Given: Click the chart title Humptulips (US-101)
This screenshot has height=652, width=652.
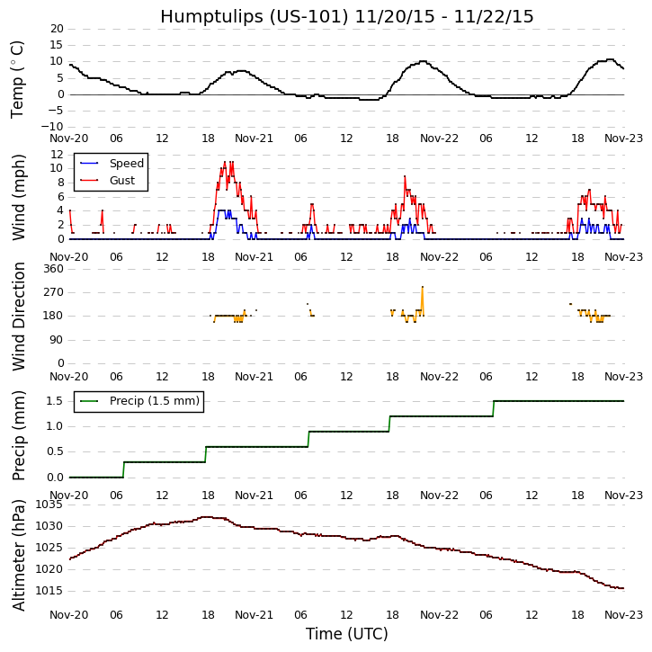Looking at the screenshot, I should (346, 16).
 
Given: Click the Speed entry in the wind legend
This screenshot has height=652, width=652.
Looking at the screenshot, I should (126, 164).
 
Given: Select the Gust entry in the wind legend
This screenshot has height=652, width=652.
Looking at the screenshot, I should (121, 181).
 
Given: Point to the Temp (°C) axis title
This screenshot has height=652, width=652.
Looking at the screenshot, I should (18, 79).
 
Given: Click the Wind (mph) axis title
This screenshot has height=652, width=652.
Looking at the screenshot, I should (19, 196).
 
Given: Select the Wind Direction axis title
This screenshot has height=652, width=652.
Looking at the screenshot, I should (19, 317).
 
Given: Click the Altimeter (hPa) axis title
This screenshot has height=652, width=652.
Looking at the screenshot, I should (19, 555).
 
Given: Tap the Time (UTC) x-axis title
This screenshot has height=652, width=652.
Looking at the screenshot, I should (346, 634).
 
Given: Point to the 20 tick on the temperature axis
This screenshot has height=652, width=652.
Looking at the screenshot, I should (56, 29).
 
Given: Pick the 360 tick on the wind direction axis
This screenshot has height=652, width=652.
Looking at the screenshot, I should (53, 269).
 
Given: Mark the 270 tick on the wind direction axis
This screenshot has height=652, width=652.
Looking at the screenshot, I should (53, 292).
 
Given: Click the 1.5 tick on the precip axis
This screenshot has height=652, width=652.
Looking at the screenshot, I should (54, 401).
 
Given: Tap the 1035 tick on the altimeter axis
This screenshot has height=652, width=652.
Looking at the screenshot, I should (48, 505).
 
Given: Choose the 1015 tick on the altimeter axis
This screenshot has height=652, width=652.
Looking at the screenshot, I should (48, 591).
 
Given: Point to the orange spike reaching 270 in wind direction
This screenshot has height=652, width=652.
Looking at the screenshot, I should (422, 290).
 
